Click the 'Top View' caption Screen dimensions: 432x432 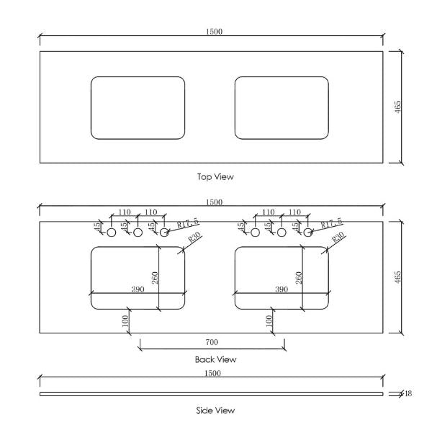(x=215, y=176)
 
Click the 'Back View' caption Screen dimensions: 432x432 (x=215, y=359)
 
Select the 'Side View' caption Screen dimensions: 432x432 (x=215, y=410)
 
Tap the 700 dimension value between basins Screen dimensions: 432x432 (x=212, y=342)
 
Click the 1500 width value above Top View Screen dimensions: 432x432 (x=214, y=31)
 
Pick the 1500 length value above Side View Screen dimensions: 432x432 (x=214, y=373)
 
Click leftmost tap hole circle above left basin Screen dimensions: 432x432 (x=112, y=233)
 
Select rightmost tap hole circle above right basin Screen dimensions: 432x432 (x=307, y=233)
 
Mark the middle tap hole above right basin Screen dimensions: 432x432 (x=282, y=233)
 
